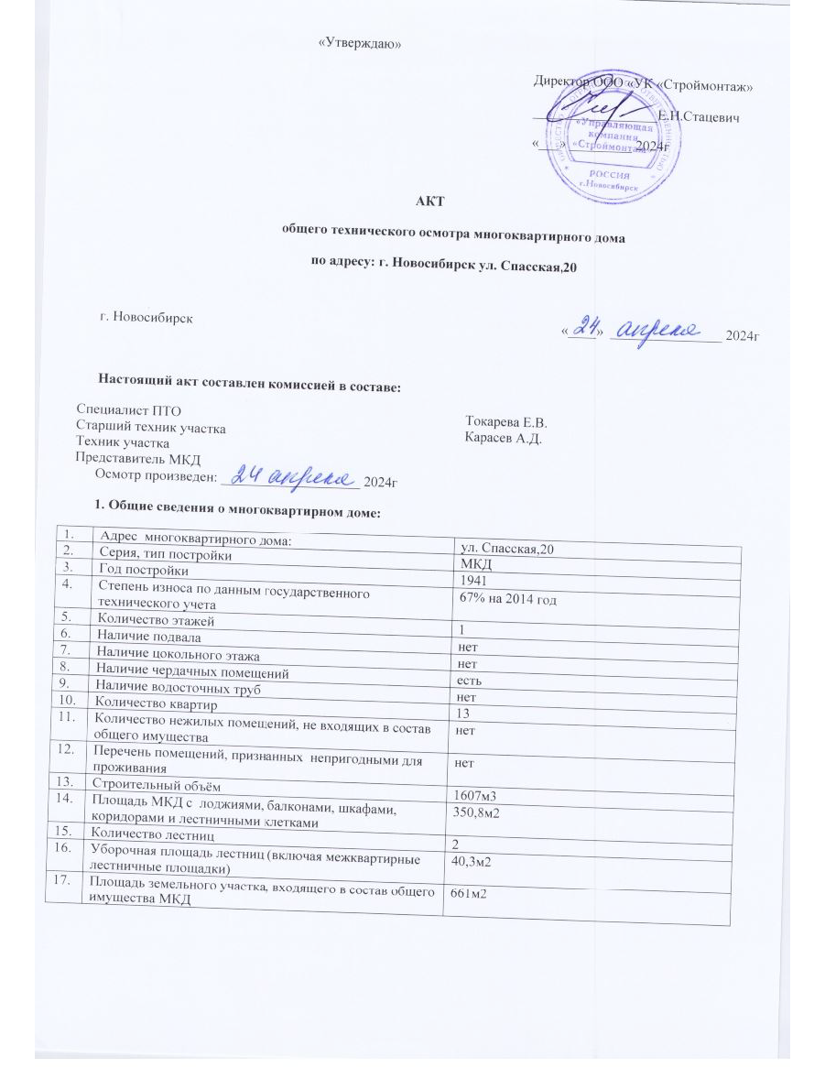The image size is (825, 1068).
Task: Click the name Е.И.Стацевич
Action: [x=700, y=117]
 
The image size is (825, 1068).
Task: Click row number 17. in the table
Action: [x=65, y=881]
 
